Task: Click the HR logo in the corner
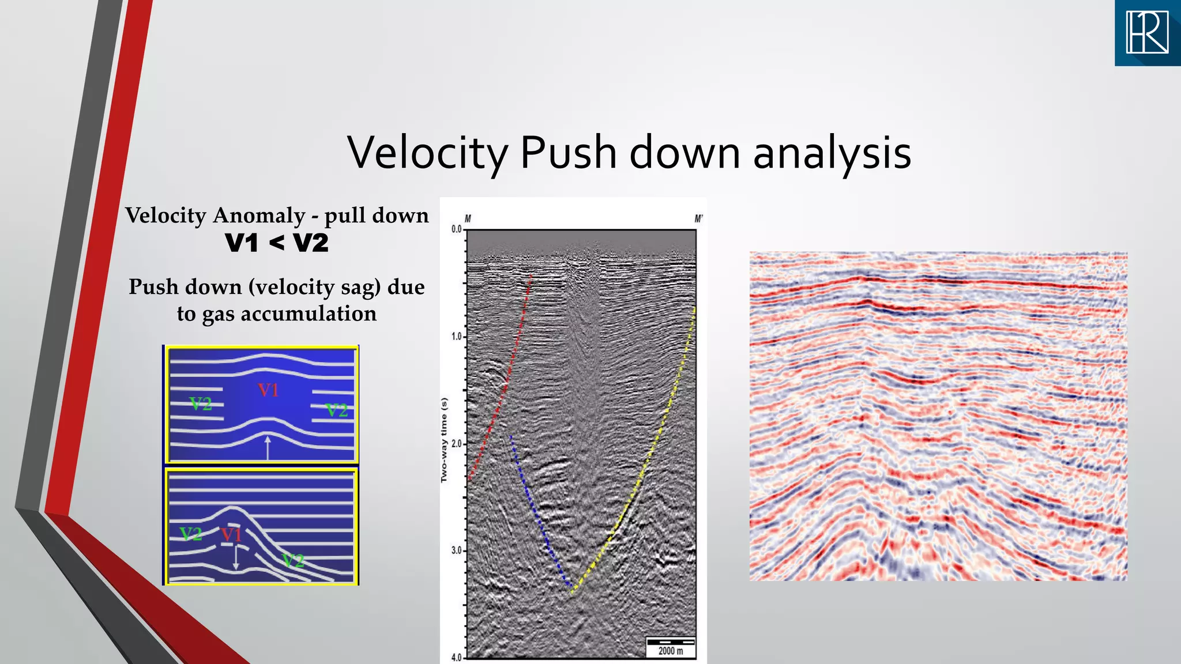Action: click(1147, 33)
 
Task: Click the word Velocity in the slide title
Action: click(427, 153)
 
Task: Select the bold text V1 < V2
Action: click(277, 243)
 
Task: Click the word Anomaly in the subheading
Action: click(259, 216)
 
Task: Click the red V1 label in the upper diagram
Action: click(268, 390)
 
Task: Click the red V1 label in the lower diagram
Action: click(231, 535)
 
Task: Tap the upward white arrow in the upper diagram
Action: click(267, 447)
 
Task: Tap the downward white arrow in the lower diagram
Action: click(236, 558)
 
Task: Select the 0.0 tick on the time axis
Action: click(456, 229)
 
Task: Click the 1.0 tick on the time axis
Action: click(456, 337)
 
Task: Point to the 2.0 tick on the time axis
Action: click(456, 444)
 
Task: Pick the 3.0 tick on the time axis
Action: click(456, 551)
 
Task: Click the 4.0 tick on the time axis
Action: click(456, 658)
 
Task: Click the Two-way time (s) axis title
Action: click(444, 440)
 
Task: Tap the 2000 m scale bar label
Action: click(671, 651)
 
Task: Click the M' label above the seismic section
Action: click(698, 219)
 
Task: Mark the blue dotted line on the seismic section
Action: click(539, 519)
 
